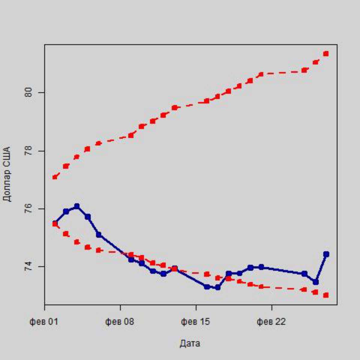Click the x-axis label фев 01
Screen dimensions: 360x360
[43, 322]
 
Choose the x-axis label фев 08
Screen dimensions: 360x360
[119, 322]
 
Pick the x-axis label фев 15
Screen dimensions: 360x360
[195, 322]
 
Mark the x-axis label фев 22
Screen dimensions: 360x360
[271, 322]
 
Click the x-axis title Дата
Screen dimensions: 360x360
[190, 343]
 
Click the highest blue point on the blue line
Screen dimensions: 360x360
[77, 206]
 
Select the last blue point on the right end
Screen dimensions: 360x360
[326, 254]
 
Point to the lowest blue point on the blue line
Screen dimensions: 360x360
[217, 287]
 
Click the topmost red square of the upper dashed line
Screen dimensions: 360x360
[326, 54]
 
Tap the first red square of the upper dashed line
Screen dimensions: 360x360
[55, 177]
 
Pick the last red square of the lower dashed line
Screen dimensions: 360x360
[326, 295]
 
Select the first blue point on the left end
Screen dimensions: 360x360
[55, 223]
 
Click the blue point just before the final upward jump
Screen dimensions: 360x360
[316, 282]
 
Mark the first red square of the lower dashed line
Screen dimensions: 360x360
[55, 224]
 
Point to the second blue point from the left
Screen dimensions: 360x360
[66, 211]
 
